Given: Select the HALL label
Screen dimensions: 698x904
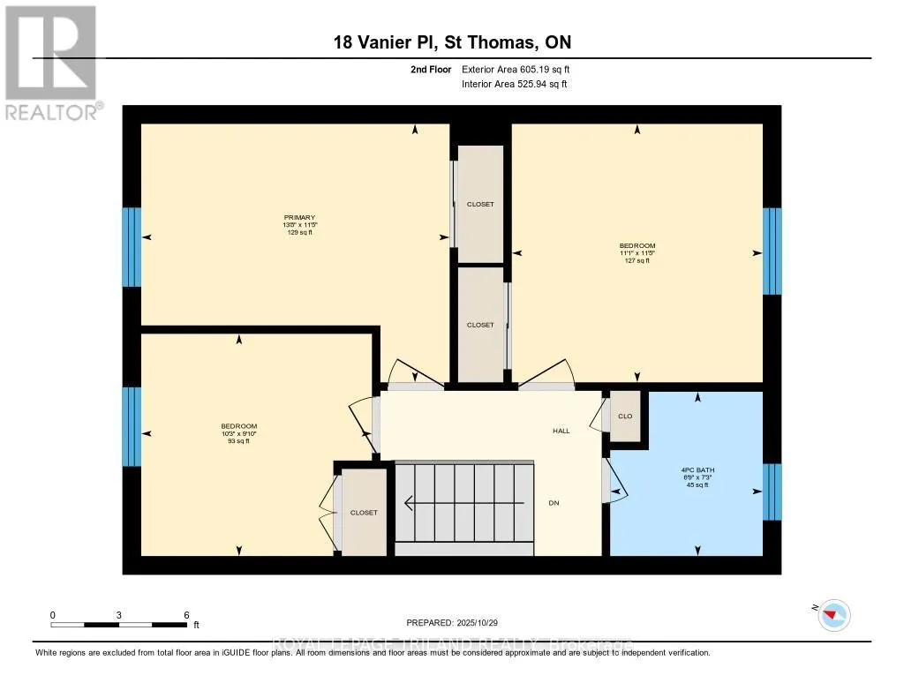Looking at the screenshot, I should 561,431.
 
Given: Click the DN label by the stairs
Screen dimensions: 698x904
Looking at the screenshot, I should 554,503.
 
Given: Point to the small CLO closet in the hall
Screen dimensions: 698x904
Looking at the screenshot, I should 626,416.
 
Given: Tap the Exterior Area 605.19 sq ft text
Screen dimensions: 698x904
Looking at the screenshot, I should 522,69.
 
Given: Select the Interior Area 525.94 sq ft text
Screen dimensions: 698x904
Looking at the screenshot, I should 514,84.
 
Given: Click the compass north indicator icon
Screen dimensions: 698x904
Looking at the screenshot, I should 833,614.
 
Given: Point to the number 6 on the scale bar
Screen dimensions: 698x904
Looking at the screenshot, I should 186,614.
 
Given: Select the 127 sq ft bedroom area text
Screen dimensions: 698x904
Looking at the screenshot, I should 637,261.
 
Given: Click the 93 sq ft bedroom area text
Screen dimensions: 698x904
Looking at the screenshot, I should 238,441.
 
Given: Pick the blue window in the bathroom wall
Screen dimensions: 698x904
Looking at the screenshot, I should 772,492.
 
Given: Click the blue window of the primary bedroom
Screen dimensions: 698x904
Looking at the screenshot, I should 131,247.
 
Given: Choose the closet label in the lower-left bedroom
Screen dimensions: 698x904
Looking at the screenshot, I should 364,512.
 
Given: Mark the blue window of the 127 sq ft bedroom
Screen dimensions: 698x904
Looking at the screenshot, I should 772,251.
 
